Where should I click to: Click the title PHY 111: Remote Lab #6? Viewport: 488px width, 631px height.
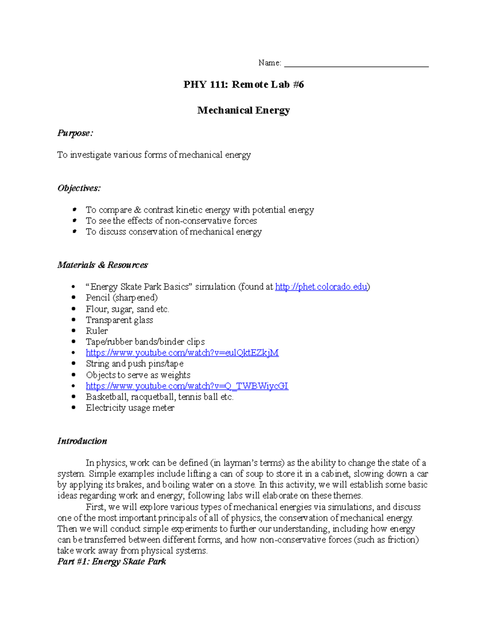pos(244,85)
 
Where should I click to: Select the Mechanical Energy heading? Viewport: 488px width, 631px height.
pos(244,110)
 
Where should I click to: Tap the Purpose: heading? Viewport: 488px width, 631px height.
pos(75,133)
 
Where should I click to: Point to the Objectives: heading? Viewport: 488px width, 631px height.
pos(79,188)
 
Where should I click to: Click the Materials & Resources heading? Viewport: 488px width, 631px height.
pos(102,265)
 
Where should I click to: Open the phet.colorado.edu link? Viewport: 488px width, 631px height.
pos(321,287)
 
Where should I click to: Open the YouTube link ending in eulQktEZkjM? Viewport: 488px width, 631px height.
pos(182,353)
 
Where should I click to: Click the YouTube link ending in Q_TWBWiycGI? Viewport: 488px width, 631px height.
pos(187,386)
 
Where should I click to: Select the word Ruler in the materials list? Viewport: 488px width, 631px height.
pos(97,331)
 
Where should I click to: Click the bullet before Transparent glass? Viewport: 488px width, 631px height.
pos(74,320)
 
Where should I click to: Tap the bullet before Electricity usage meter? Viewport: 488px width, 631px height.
pos(74,408)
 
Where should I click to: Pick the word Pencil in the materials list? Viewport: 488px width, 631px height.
pos(98,298)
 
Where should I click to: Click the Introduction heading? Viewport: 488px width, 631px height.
pos(82,441)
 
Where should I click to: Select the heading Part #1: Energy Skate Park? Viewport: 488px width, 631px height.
pos(111,562)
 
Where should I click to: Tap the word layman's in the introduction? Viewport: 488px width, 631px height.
pos(240,463)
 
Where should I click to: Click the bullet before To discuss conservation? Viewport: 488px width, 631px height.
pos(74,231)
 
